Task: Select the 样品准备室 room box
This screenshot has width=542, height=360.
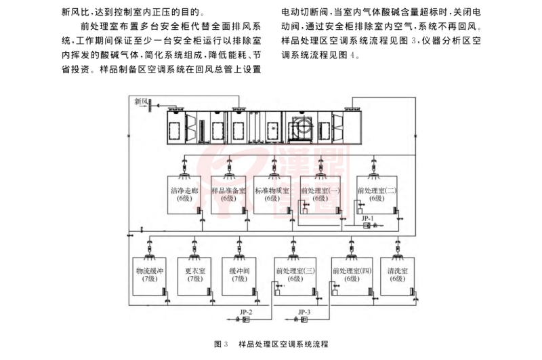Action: [x=228, y=195]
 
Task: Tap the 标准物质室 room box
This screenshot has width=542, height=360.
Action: [x=272, y=195]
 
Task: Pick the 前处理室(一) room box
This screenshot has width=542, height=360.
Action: [x=319, y=195]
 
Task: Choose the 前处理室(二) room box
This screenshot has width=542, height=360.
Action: [x=376, y=195]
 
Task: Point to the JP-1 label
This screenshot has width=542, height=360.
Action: [x=368, y=218]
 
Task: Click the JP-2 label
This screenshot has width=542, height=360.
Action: [x=247, y=312]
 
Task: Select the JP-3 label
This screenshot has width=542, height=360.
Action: [x=304, y=312]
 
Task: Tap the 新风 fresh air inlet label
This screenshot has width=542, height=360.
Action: [x=140, y=101]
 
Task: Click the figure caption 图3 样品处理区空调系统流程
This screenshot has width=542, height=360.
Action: [x=270, y=344]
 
